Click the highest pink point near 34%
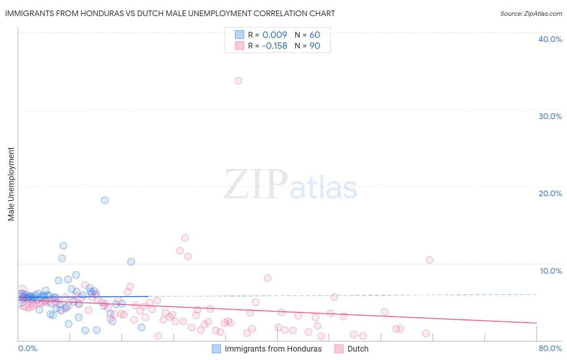coord(238,81)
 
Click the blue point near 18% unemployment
coord(105,200)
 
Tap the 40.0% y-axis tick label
coord(550,39)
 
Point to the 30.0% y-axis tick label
coord(550,116)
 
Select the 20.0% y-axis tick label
coord(550,193)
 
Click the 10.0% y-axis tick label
coord(551,271)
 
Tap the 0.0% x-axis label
coord(27,348)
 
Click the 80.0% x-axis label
coord(550,348)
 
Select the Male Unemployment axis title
coord(11,184)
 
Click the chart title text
coord(170,13)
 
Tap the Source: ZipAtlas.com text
coord(531,14)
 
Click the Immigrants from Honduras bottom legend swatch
coord(217,349)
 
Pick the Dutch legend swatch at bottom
coord(339,349)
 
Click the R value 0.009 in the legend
coord(275,35)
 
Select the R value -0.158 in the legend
coord(274,46)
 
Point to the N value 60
coord(315,35)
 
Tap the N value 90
coord(315,46)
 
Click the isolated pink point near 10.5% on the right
coord(429,260)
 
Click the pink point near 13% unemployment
coord(185,238)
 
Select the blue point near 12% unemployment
coord(63,246)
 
